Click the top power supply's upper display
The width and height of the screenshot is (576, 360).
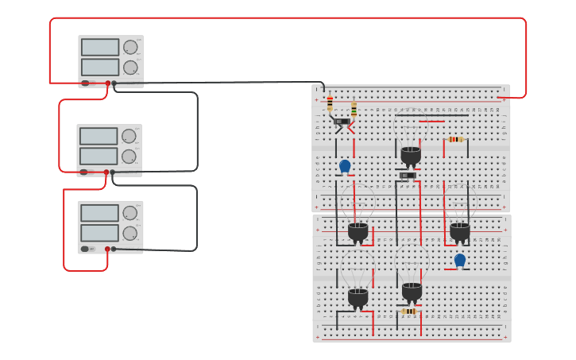coord(100,47)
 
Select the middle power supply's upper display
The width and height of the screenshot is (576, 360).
coord(99,136)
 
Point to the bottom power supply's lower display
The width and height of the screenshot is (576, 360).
coord(99,233)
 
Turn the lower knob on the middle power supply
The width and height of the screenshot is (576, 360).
coord(129,157)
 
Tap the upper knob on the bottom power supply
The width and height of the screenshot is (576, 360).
coord(130,213)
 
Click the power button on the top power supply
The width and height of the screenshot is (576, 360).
coord(85,83)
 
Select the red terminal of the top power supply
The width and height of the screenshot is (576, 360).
coord(108,83)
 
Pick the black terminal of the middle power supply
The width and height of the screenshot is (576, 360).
coord(112,172)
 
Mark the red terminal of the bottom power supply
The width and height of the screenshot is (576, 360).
coord(107,249)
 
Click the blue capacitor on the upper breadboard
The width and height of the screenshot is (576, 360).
coord(345,166)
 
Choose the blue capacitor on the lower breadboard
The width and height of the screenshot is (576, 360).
coord(459,260)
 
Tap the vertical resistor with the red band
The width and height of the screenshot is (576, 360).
coord(330,104)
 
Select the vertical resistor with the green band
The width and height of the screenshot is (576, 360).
coord(354,109)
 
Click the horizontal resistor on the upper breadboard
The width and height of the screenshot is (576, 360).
coord(455,139)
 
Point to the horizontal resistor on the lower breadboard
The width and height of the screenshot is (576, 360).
coord(408,312)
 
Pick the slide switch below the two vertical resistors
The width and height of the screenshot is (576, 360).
coord(342,122)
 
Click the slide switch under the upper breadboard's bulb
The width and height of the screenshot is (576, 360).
coord(408,175)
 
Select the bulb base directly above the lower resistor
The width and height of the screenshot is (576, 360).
coord(412,292)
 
